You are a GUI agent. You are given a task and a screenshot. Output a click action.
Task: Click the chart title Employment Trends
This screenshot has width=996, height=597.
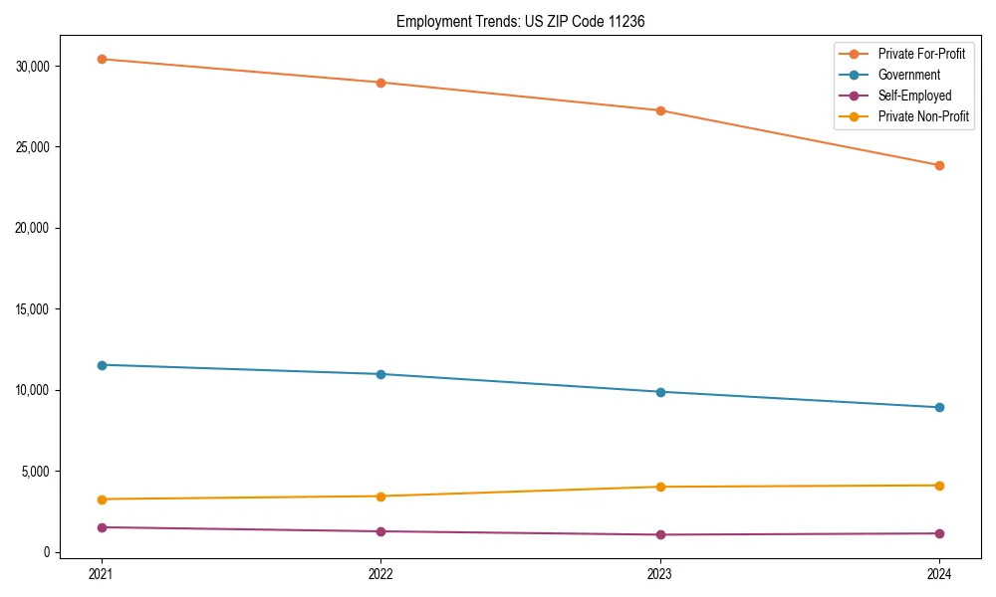pyautogui.click(x=520, y=21)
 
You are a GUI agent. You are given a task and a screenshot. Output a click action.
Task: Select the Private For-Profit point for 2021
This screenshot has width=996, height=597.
pyautogui.click(x=102, y=59)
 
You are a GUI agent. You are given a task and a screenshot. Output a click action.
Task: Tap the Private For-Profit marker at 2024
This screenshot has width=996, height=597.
pyautogui.click(x=939, y=165)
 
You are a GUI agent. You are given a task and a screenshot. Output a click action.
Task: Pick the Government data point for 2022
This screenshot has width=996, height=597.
pyautogui.click(x=380, y=374)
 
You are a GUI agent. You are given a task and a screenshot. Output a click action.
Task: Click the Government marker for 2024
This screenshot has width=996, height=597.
pyautogui.click(x=939, y=407)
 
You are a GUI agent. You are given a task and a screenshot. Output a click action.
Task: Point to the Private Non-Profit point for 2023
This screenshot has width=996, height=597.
pyautogui.click(x=660, y=487)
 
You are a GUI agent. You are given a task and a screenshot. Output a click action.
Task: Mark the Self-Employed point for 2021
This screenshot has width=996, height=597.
pyautogui.click(x=102, y=527)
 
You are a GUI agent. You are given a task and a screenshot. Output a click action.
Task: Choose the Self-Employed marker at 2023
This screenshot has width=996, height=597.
pyautogui.click(x=660, y=534)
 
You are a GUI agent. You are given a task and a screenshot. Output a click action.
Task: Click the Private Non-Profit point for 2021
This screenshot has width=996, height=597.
pyautogui.click(x=102, y=499)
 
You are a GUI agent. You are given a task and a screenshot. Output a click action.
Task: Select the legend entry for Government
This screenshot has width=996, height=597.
pyautogui.click(x=908, y=75)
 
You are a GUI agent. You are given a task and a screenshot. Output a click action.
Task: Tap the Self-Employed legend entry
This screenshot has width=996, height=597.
pyautogui.click(x=914, y=96)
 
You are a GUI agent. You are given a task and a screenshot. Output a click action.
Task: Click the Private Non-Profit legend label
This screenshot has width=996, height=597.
pyautogui.click(x=923, y=116)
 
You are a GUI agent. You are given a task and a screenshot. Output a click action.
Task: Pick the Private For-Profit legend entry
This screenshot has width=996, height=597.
pyautogui.click(x=921, y=54)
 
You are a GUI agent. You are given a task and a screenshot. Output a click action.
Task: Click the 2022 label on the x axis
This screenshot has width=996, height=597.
pyautogui.click(x=380, y=573)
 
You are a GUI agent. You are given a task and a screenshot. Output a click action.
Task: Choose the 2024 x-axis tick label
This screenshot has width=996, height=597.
pyautogui.click(x=939, y=573)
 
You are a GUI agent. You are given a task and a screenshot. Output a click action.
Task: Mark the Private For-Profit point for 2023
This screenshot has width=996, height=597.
pyautogui.click(x=660, y=110)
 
